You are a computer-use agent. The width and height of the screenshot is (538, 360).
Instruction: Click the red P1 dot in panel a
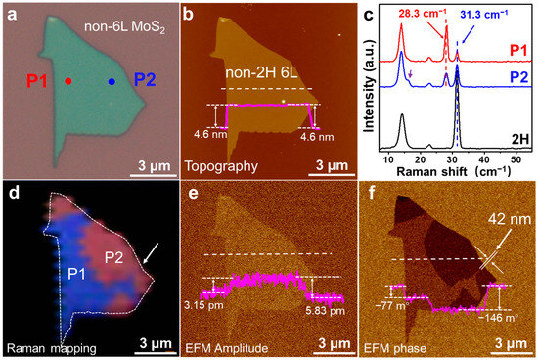(67, 82)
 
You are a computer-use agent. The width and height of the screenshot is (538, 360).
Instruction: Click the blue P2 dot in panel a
(111, 82)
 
